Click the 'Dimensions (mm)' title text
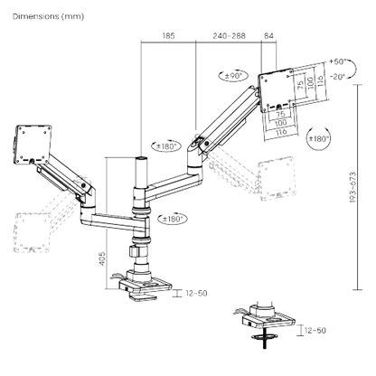click(48, 16)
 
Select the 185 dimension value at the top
click(168, 36)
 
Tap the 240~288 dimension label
click(229, 36)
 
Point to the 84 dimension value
click(268, 36)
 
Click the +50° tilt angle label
click(337, 61)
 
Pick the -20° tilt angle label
click(337, 77)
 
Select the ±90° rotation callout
click(233, 76)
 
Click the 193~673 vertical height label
click(352, 187)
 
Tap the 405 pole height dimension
click(102, 258)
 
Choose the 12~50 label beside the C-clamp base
click(196, 293)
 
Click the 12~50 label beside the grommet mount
click(315, 331)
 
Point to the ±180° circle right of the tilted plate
click(318, 138)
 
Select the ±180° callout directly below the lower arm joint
click(172, 219)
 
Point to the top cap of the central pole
click(141, 158)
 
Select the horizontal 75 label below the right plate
click(280, 115)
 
